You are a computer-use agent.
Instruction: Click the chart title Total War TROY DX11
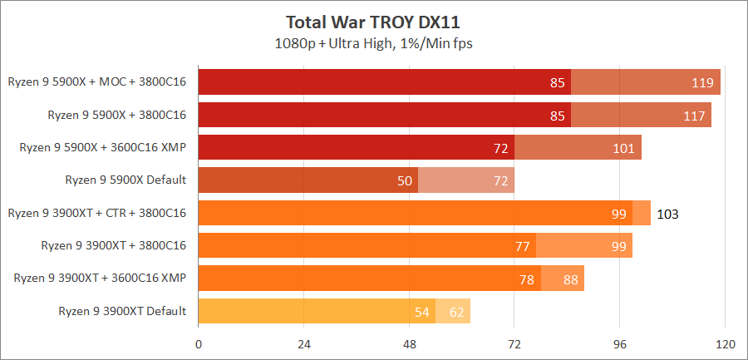(x=373, y=21)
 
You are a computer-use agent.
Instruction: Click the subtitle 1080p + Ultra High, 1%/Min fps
(x=373, y=42)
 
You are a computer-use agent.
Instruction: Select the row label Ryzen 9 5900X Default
(x=125, y=180)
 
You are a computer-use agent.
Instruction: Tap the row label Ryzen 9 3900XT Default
(x=122, y=311)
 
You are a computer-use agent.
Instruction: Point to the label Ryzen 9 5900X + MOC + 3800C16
(x=97, y=81)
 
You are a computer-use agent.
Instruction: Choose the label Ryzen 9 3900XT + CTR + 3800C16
(x=96, y=213)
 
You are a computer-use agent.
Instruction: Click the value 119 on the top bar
(x=703, y=82)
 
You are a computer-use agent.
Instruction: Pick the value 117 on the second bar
(x=694, y=115)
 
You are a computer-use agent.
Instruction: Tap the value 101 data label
(x=623, y=148)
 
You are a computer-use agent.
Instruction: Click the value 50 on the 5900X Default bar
(x=405, y=180)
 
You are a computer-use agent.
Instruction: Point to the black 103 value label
(x=668, y=214)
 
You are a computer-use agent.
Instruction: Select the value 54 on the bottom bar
(x=422, y=312)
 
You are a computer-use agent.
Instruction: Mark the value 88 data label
(x=571, y=279)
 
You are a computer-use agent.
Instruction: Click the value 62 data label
(x=457, y=312)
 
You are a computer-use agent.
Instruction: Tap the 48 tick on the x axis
(x=409, y=344)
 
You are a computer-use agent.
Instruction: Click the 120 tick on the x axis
(x=725, y=344)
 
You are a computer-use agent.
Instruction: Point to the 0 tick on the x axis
(x=199, y=344)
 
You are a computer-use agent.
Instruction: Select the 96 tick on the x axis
(x=620, y=344)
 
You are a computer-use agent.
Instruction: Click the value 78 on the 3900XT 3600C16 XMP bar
(x=527, y=279)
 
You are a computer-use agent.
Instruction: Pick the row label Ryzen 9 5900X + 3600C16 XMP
(x=102, y=147)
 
